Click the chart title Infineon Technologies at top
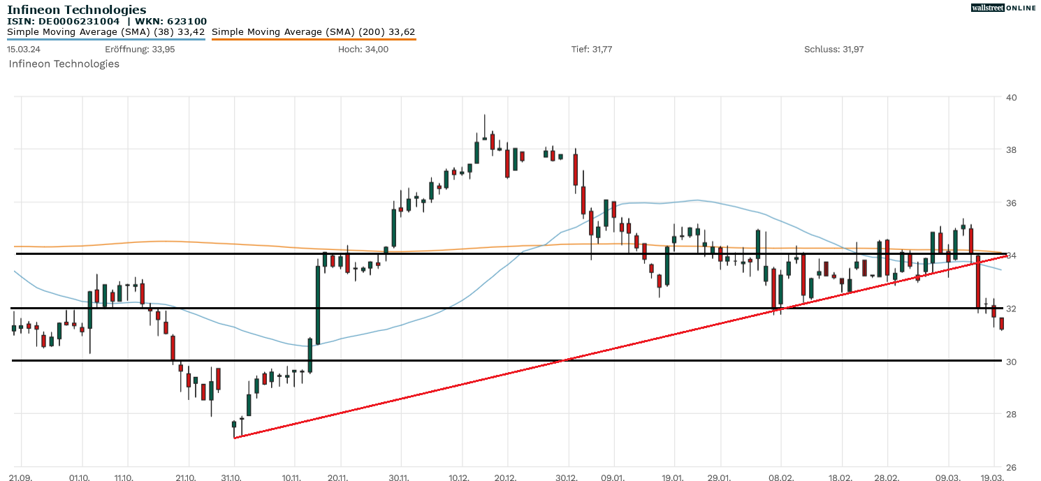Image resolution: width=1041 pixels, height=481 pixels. click(x=77, y=10)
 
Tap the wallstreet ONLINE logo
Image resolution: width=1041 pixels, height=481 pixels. click(x=1003, y=8)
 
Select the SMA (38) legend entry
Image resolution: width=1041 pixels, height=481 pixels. click(x=105, y=32)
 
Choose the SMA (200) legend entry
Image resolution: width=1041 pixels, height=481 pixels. click(x=313, y=32)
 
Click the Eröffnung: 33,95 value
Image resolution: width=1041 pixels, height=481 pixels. click(x=140, y=49)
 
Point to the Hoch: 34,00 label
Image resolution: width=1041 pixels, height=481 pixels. click(x=363, y=49)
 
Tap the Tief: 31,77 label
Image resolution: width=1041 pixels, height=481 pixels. click(x=592, y=49)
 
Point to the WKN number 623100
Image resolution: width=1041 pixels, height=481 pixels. click(x=185, y=22)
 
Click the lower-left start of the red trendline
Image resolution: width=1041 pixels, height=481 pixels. click(x=235, y=438)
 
